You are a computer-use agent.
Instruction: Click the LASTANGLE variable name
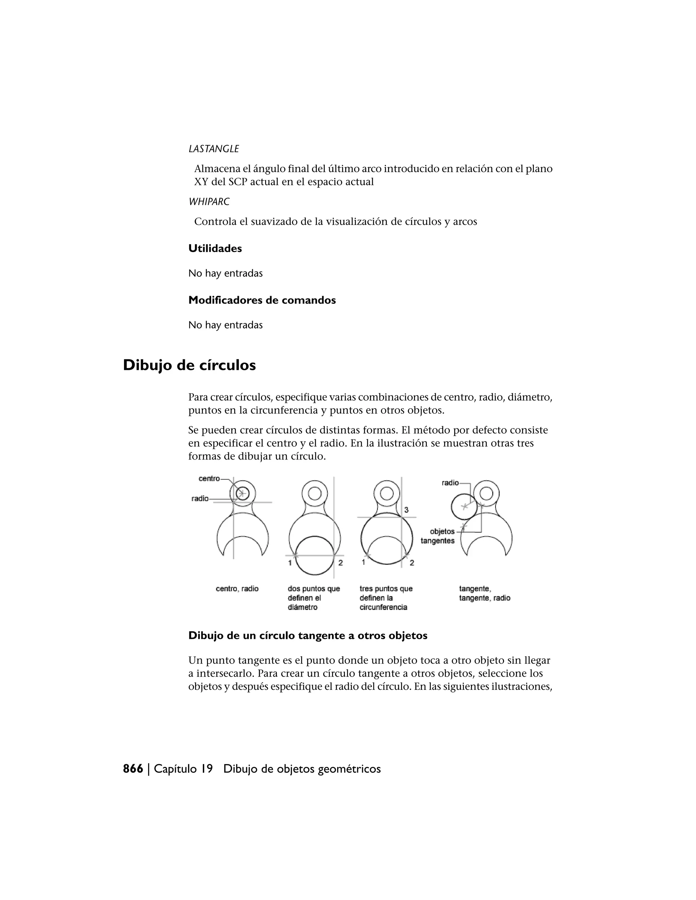point(213,149)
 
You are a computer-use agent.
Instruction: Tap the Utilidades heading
point(215,249)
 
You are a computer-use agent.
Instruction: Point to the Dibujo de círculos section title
point(189,365)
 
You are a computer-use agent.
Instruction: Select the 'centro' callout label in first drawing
point(209,479)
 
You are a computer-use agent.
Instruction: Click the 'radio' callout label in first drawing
point(200,499)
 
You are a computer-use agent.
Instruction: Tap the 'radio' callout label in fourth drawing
point(450,483)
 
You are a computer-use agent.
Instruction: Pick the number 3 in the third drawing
point(406,510)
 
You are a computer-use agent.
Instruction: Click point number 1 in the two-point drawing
point(290,563)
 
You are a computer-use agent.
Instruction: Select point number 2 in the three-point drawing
point(412,563)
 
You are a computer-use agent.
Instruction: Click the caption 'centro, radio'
point(237,589)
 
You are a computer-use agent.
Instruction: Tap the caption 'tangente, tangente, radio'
point(485,593)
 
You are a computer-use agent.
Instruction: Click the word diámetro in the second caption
point(303,608)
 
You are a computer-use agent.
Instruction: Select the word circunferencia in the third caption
point(383,608)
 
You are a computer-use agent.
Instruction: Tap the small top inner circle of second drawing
point(315,493)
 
